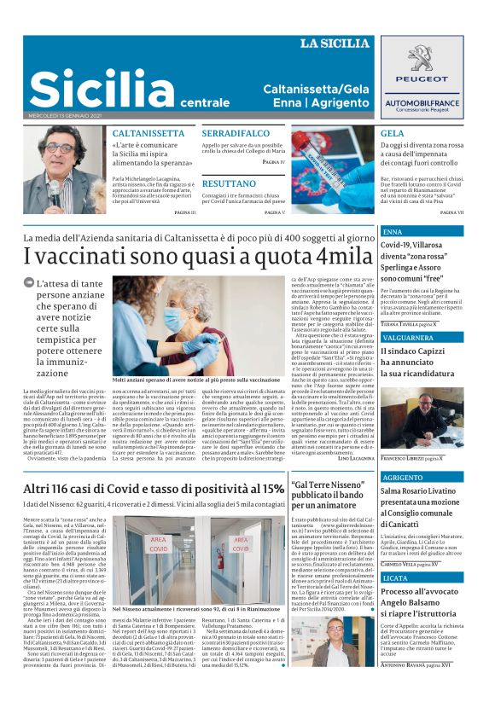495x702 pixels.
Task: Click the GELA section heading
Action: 392,134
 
